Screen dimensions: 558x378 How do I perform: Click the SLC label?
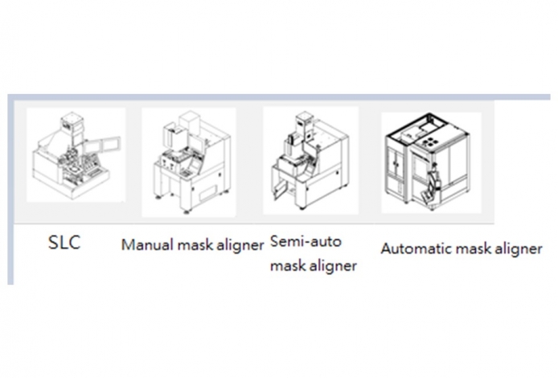click(x=64, y=243)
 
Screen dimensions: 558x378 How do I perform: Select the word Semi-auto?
click(x=306, y=241)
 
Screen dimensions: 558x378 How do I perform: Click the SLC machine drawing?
click(x=76, y=155)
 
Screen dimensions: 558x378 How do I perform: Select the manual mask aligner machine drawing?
click(x=192, y=162)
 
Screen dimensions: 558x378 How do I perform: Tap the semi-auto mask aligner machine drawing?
click(x=310, y=160)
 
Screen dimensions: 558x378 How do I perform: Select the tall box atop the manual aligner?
click(x=189, y=122)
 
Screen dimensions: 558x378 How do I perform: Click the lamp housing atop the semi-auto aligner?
click(x=304, y=121)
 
